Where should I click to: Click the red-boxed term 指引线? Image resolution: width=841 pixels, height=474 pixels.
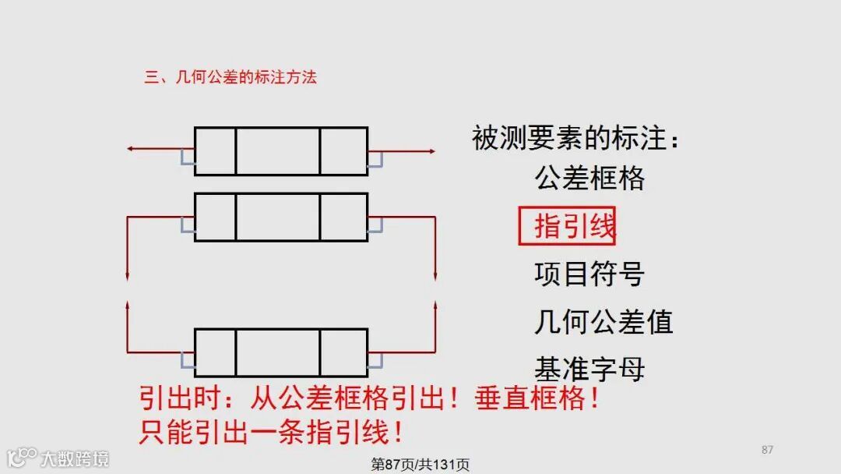567,226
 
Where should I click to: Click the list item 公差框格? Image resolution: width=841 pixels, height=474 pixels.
589,179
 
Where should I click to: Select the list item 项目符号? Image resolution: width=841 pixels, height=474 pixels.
589,274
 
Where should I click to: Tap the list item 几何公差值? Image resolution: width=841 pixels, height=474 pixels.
603,321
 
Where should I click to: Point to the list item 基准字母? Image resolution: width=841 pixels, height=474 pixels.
589,368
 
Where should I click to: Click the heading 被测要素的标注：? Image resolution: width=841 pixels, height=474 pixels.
576,139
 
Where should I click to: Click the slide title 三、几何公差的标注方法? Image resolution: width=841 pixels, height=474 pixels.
230,77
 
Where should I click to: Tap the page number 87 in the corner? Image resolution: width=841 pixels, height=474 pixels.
767,450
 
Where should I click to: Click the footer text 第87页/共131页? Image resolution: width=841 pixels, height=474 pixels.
420,465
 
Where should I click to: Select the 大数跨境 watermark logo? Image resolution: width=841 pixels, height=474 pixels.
58,457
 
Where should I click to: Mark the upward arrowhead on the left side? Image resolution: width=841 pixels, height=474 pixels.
127,306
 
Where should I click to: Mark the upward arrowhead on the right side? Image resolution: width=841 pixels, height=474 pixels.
435,306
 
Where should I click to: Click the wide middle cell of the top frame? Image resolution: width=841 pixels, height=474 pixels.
277,151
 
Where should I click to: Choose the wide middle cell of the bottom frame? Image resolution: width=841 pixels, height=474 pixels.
277,353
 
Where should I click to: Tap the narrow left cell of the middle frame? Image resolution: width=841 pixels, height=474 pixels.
215,217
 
